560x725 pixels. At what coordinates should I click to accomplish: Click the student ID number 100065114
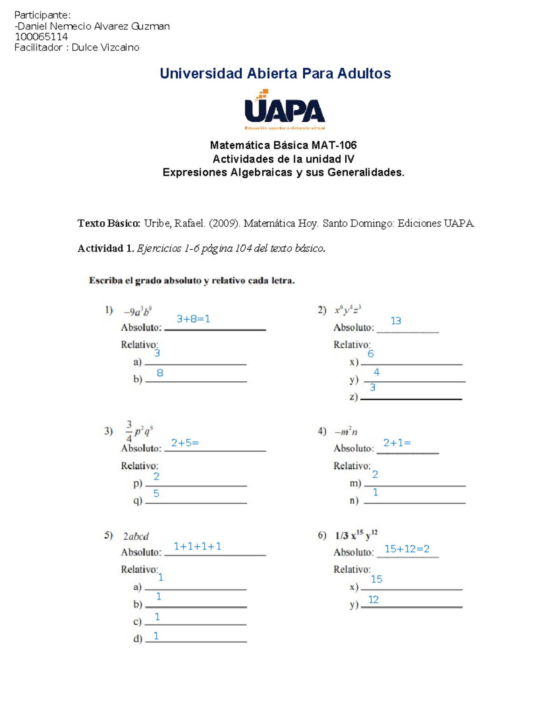point(41,37)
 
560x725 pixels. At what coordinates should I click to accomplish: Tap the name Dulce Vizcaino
point(105,48)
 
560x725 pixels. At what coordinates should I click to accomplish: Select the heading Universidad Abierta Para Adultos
point(275,73)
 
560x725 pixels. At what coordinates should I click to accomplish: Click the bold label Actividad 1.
point(106,248)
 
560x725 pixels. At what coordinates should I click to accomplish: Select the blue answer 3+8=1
point(193,319)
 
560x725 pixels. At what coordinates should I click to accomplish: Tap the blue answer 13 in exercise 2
point(396,321)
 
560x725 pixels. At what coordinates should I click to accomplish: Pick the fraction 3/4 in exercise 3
point(129,431)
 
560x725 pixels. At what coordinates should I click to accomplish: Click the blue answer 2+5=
point(185,443)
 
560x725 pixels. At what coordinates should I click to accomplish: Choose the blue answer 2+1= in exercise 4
point(397,443)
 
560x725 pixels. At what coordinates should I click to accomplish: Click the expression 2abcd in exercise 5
point(136,536)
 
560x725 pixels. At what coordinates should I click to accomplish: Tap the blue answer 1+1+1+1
point(197,546)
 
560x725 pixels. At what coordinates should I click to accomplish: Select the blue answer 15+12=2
point(407,549)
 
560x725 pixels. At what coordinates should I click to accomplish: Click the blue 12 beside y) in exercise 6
point(373,599)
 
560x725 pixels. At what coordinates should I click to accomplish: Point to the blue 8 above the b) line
point(160,373)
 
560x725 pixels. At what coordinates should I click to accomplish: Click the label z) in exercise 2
point(354,397)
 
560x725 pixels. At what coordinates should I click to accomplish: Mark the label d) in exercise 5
point(138,639)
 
